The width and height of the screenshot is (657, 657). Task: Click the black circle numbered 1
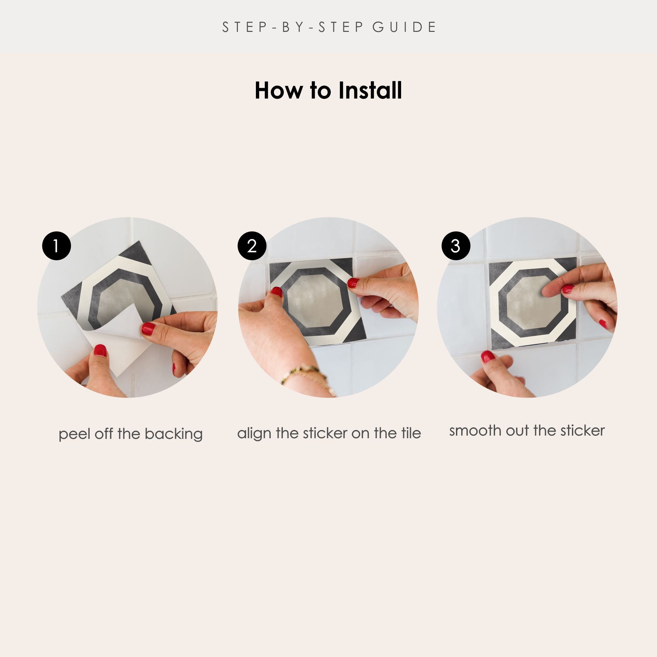pos(57,246)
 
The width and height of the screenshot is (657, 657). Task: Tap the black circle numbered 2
pos(252,246)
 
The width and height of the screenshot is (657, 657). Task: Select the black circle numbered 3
pos(456,246)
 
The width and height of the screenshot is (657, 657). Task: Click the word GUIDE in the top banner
pos(404,27)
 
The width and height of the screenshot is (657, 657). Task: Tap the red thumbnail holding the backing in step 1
pos(148,328)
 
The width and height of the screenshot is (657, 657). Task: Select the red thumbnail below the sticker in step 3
pos(487,356)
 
